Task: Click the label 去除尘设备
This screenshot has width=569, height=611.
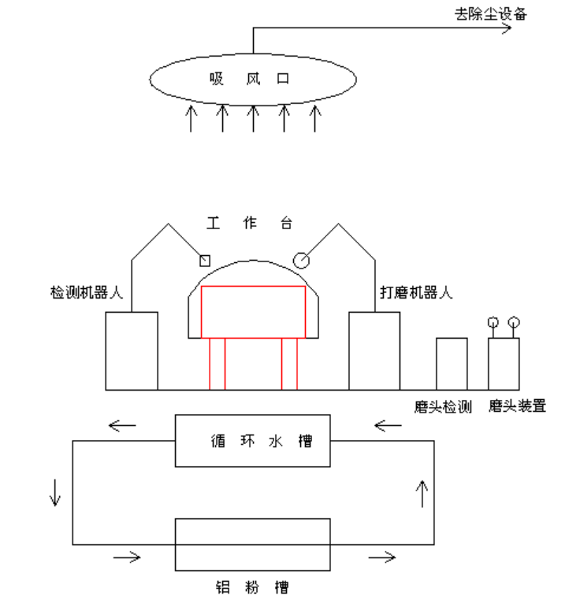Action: click(x=491, y=14)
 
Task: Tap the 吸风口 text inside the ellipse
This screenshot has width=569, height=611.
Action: click(x=249, y=79)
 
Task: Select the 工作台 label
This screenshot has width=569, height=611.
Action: click(x=249, y=223)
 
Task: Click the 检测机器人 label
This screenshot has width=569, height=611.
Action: click(x=87, y=292)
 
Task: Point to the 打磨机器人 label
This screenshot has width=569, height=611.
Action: click(x=416, y=292)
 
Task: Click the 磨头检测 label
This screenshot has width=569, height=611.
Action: click(x=443, y=406)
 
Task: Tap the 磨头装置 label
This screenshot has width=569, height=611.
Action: click(x=517, y=406)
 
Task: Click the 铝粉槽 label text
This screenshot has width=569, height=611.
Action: click(x=252, y=587)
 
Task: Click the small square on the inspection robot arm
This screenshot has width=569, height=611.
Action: click(x=205, y=261)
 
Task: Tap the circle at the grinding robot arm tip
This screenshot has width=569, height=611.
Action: click(x=301, y=261)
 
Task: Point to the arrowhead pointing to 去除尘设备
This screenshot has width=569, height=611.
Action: click(x=507, y=28)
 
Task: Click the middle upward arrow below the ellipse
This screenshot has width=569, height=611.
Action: click(x=253, y=118)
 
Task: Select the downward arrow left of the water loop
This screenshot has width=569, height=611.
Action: click(x=55, y=493)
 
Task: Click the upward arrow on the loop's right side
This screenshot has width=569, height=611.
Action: click(x=422, y=494)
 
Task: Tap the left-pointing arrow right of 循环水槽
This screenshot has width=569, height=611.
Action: click(x=388, y=425)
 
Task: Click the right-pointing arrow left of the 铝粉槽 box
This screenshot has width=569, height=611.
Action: click(x=127, y=557)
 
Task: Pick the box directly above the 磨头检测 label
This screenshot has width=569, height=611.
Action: click(x=452, y=364)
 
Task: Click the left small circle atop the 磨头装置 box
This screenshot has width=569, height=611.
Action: click(x=493, y=322)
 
